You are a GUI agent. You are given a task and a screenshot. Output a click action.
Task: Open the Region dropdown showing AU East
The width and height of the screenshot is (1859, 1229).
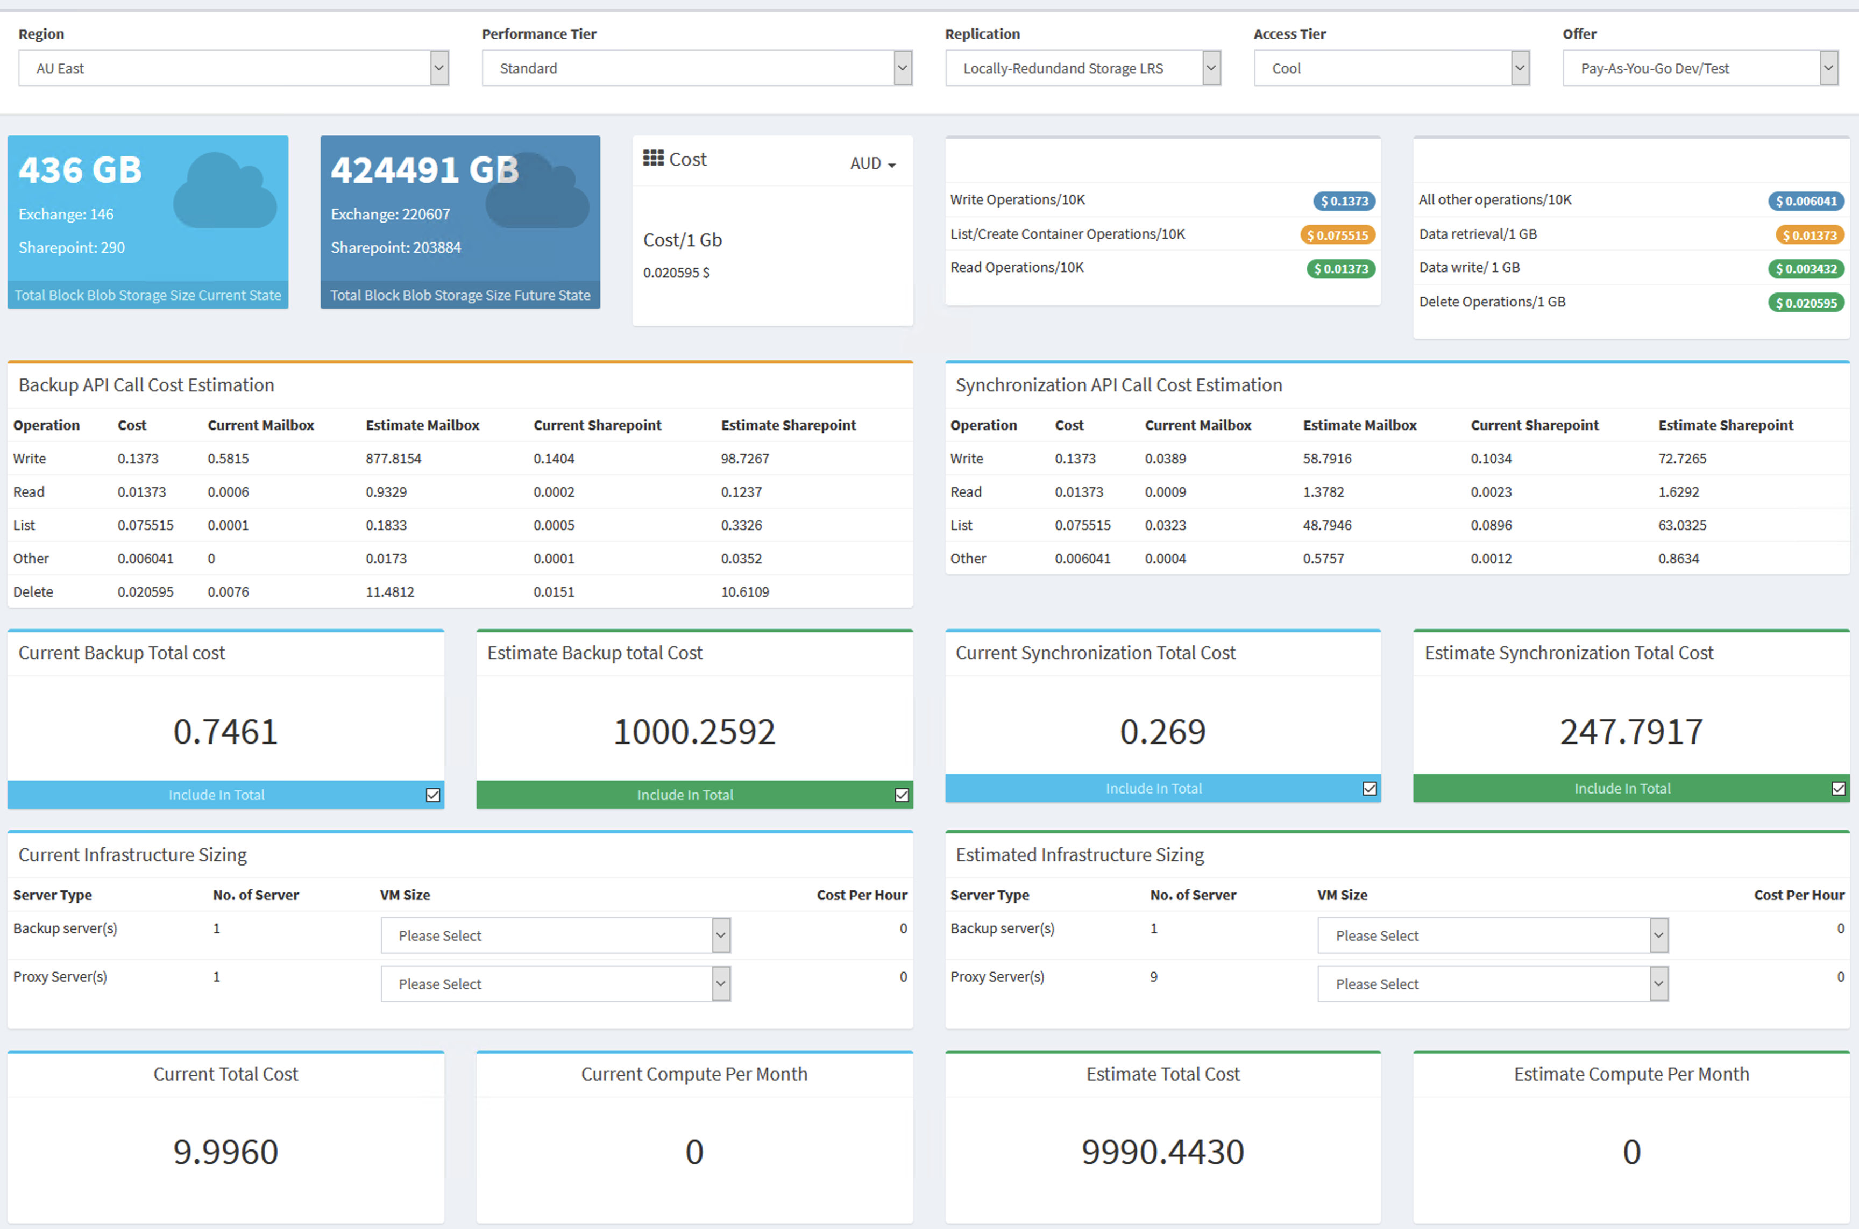pos(233,68)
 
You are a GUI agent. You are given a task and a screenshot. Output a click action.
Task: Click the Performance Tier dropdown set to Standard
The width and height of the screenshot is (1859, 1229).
pos(697,68)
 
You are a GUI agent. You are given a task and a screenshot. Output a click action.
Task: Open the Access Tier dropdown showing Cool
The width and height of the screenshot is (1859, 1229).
pos(1392,68)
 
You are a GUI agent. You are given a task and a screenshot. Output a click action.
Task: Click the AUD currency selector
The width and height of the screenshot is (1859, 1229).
pos(872,164)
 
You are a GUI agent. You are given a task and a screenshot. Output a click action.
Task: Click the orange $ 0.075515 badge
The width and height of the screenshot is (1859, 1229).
pos(1338,235)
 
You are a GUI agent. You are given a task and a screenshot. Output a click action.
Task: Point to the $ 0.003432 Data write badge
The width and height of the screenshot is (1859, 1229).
pos(1806,269)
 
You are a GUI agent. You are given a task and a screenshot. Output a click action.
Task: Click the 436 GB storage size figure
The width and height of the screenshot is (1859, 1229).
pos(80,170)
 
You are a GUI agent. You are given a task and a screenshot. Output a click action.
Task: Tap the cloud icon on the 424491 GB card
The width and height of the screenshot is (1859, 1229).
pos(538,190)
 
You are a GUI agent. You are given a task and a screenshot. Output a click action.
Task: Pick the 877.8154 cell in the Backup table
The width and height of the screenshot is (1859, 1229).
pos(394,459)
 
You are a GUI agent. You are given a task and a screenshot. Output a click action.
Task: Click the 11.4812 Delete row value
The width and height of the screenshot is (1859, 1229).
pos(389,592)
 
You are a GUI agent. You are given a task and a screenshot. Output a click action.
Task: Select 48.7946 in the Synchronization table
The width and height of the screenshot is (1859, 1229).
pos(1328,525)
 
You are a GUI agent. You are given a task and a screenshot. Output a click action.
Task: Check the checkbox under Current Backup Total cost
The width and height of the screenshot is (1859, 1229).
pos(433,795)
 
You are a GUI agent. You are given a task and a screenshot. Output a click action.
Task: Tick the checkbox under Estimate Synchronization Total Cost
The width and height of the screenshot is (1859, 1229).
pos(1839,789)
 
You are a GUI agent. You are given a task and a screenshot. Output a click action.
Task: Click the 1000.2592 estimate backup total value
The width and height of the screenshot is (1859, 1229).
pos(694,731)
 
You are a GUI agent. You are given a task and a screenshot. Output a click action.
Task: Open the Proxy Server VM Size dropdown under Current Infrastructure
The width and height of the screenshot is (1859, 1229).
pos(556,984)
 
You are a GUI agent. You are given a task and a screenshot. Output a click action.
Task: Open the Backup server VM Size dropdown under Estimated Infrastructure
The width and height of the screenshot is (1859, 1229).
pos(1493,935)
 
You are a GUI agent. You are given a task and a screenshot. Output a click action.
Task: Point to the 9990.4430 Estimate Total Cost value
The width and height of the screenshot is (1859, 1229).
pos(1163,1152)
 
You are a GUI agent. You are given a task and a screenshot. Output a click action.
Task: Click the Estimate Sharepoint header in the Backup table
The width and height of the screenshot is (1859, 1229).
pos(789,425)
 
